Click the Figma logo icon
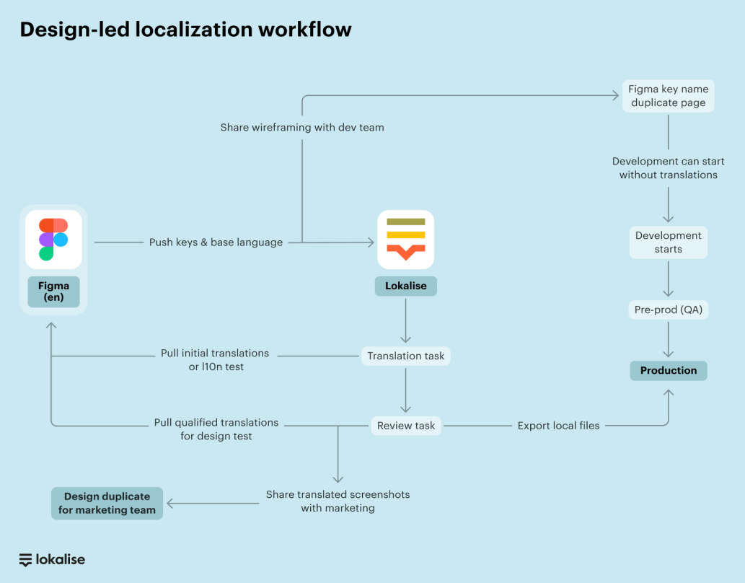(53, 239)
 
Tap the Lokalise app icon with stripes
(405, 239)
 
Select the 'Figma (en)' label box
(53, 292)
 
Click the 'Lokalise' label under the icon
(405, 286)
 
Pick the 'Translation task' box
(405, 356)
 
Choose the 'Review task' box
(405, 426)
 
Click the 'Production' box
(669, 370)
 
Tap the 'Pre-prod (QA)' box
(669, 310)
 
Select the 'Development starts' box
(669, 242)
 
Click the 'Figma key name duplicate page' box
(669, 96)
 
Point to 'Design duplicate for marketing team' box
(107, 503)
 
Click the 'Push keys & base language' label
(216, 242)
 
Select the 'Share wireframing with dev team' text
(302, 128)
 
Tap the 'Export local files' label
(558, 426)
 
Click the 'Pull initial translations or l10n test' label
(215, 360)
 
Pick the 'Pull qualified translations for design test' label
(216, 429)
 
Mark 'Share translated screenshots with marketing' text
(338, 501)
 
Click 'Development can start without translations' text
(669, 168)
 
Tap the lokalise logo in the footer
(52, 559)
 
